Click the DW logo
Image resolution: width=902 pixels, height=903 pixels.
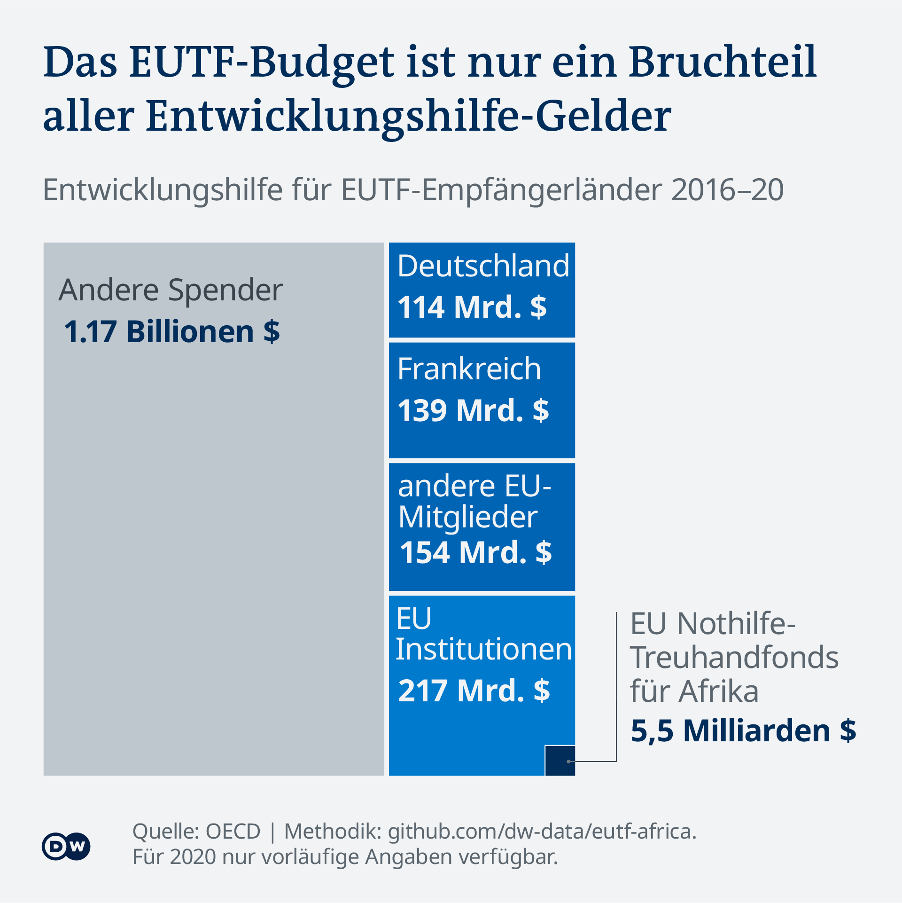(66, 846)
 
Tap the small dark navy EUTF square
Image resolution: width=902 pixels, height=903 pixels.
(560, 760)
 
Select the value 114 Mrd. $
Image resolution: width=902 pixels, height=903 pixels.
(472, 307)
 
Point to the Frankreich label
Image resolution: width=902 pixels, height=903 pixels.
(469, 369)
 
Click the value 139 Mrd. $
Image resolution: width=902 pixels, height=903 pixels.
(473, 410)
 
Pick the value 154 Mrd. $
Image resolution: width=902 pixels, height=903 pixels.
(475, 552)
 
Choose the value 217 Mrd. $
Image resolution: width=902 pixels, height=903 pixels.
(474, 691)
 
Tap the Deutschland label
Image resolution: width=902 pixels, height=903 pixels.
(483, 266)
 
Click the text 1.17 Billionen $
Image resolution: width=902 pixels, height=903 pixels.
(172, 332)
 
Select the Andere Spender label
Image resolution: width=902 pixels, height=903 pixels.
(171, 290)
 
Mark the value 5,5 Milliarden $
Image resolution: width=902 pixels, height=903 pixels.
(743, 731)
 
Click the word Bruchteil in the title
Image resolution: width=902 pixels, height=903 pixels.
(723, 62)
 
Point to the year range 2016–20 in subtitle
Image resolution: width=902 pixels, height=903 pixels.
(727, 190)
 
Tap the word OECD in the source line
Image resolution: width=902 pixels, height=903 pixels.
(233, 831)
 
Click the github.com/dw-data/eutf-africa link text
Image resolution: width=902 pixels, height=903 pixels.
(542, 831)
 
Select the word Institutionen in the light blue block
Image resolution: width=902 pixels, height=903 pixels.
(483, 650)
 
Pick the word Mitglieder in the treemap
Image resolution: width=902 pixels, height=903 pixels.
(467, 517)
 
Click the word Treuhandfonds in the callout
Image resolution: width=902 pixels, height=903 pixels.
(734, 657)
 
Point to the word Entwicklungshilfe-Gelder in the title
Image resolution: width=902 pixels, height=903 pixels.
(408, 116)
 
